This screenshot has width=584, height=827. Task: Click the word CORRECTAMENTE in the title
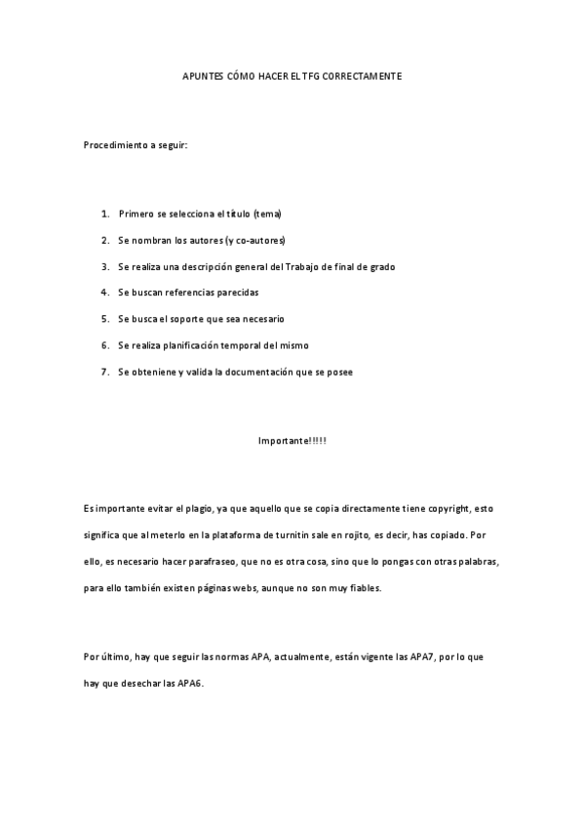tap(363, 75)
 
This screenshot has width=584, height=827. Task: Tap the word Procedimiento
tap(113, 145)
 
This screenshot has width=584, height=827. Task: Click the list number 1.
tap(104, 213)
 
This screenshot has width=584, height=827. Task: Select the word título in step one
tap(237, 213)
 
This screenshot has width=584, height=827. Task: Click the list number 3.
tap(104, 266)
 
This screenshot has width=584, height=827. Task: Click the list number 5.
tap(104, 319)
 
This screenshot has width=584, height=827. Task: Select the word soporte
tap(198, 319)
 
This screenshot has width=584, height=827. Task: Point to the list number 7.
tap(104, 372)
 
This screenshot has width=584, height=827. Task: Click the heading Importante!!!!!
tap(292, 441)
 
